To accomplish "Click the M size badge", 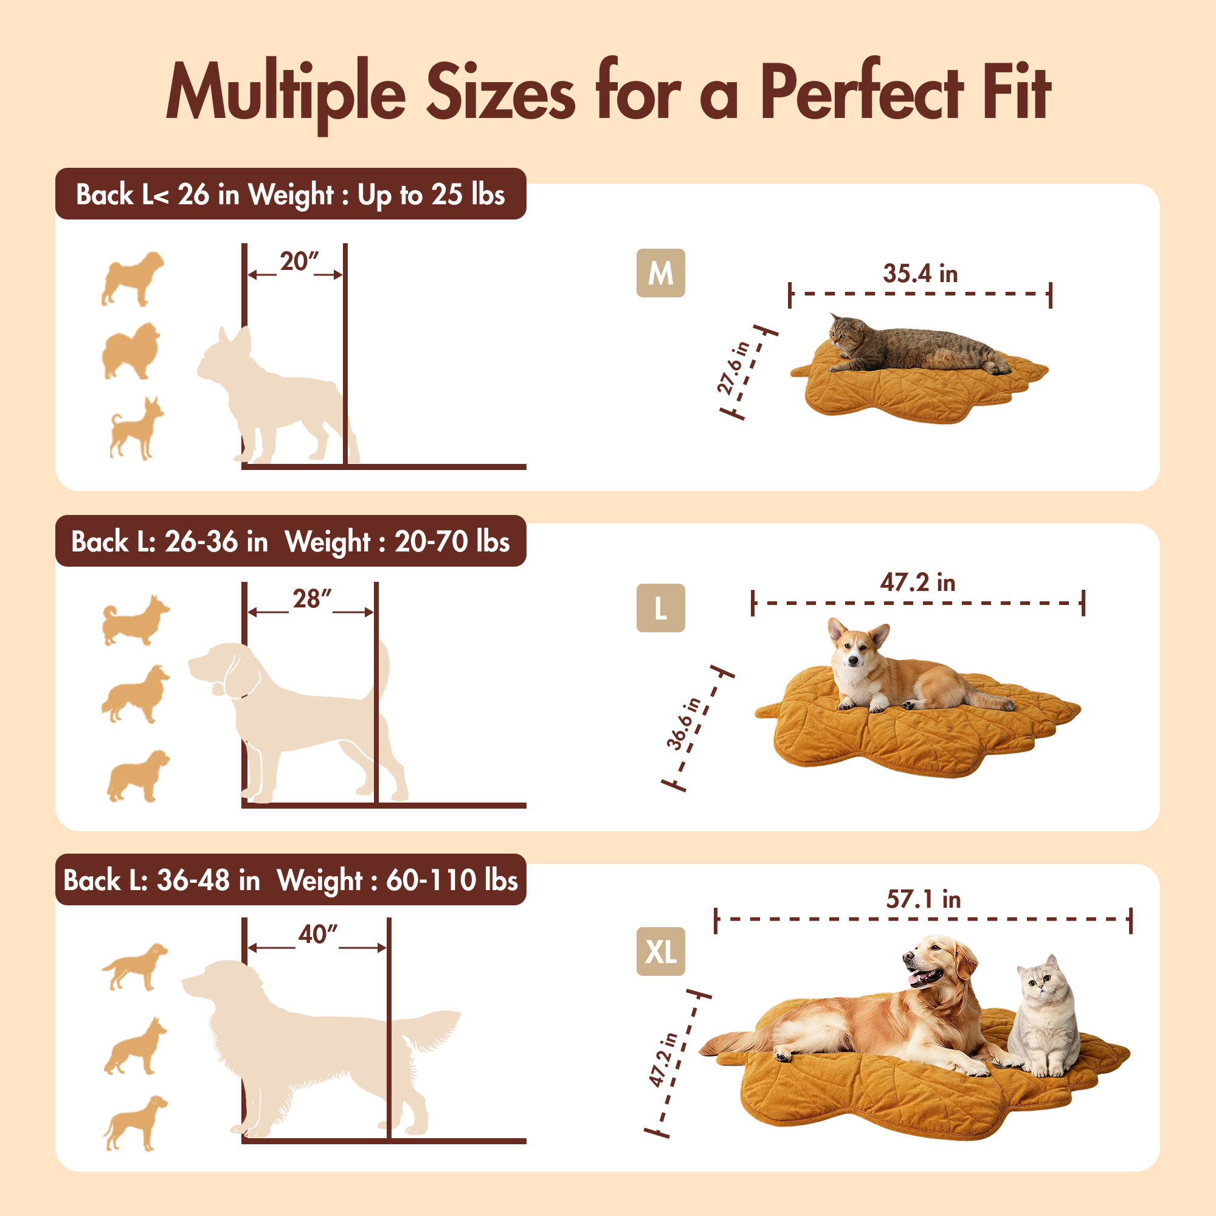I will coord(660,273).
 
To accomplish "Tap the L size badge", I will coord(660,608).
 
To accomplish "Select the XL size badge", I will coord(660,951).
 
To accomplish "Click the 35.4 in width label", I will coord(919,274).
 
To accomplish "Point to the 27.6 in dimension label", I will coord(734,368).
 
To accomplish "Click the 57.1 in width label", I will coord(924,899).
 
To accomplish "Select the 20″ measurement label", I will coord(299,261).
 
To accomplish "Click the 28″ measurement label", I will coord(311,598).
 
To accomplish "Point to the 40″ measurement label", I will coord(318,934).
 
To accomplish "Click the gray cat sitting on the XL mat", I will coord(1043,1017).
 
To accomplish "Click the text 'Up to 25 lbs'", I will coord(431,195).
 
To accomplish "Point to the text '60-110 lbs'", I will coord(451,880).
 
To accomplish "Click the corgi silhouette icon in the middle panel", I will coord(136,621).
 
